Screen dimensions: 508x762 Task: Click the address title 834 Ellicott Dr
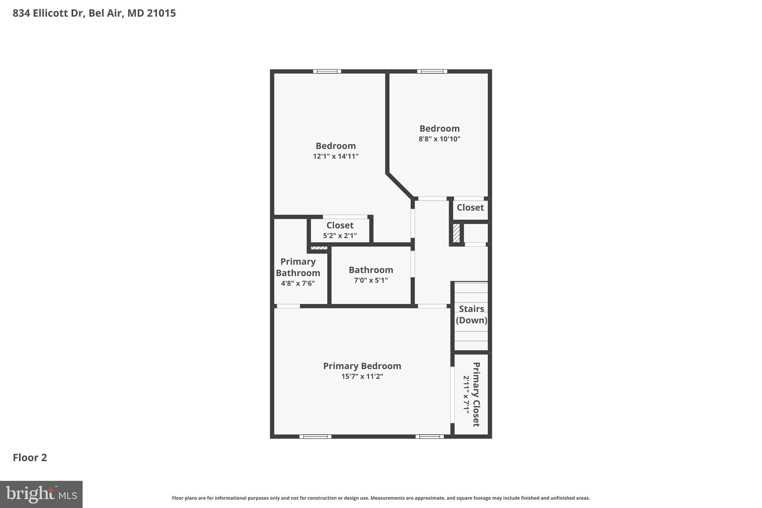(94, 13)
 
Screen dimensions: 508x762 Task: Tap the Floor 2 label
(30, 457)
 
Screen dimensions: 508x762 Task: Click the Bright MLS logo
(41, 494)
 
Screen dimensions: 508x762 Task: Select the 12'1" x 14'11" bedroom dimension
(336, 156)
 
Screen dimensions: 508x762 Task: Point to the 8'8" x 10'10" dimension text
(439, 139)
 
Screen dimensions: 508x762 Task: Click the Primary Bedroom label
(362, 366)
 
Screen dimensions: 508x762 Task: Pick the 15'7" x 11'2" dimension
(362, 377)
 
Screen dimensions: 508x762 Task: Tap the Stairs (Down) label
(471, 314)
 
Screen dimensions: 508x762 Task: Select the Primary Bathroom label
(298, 267)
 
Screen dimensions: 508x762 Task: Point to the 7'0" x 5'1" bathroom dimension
(371, 280)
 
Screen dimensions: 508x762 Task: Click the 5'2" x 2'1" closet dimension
(340, 236)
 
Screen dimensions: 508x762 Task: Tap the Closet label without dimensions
(470, 208)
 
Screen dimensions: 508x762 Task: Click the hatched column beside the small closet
(456, 233)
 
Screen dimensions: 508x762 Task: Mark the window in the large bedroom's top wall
(327, 71)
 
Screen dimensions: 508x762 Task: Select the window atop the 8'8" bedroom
(432, 71)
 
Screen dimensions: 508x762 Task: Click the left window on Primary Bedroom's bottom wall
(315, 437)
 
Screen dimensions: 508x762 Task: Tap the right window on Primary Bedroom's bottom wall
(429, 437)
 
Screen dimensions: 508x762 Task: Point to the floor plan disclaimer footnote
(381, 498)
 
